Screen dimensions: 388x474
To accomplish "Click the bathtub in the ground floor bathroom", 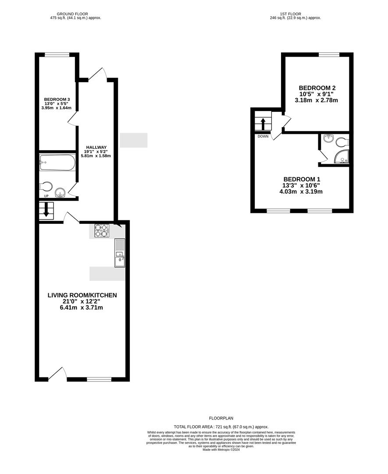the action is [57, 162].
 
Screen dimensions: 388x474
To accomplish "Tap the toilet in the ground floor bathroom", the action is [46, 186].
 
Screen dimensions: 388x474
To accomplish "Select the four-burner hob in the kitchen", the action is [101, 230].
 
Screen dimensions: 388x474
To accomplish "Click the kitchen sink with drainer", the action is [120, 253].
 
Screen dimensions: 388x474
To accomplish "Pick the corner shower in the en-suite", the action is [342, 157].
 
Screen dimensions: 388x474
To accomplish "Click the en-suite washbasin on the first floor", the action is [328, 138].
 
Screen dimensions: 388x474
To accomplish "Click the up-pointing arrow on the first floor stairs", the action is [263, 124].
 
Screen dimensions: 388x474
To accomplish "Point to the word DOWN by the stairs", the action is [263, 136].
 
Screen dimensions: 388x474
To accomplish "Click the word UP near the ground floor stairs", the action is [46, 196].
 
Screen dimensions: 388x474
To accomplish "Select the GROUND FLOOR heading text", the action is [72, 14].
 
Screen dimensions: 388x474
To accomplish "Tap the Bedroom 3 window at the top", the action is [57, 55].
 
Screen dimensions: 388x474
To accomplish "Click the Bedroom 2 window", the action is [329, 55].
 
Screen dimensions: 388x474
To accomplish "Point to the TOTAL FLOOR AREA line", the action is [221, 427].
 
